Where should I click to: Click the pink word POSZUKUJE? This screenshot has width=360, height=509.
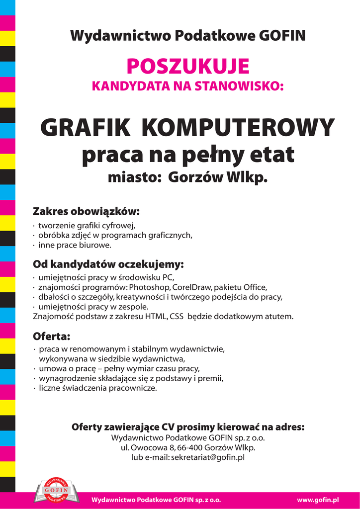pyautogui.click(x=187, y=66)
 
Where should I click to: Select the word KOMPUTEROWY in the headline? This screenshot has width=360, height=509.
pyautogui.click(x=238, y=128)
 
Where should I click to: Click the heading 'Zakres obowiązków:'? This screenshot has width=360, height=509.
pyautogui.click(x=86, y=211)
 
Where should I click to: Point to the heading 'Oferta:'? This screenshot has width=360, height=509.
pyautogui.click(x=52, y=337)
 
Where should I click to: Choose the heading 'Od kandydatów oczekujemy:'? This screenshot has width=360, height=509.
pyautogui.click(x=108, y=263)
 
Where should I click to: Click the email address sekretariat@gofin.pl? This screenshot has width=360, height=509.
pyautogui.click(x=208, y=457)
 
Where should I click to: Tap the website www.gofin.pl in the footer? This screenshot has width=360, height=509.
pyautogui.click(x=318, y=499)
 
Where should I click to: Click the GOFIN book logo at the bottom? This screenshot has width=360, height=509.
pyautogui.click(x=56, y=491)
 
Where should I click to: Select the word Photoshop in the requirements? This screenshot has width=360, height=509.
pyautogui.click(x=150, y=287)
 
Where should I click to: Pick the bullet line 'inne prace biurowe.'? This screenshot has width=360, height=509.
pyautogui.click(x=75, y=245)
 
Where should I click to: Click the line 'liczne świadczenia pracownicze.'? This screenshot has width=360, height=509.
pyautogui.click(x=97, y=388)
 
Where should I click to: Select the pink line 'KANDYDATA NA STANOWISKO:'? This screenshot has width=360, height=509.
pyautogui.click(x=187, y=86)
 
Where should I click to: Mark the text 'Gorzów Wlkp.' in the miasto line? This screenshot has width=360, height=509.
pyautogui.click(x=218, y=177)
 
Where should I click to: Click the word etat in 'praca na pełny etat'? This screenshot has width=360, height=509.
pyautogui.click(x=272, y=155)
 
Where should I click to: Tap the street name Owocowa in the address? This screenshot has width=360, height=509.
pyautogui.click(x=148, y=448)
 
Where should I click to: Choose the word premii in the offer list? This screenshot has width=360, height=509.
pyautogui.click(x=211, y=378)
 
